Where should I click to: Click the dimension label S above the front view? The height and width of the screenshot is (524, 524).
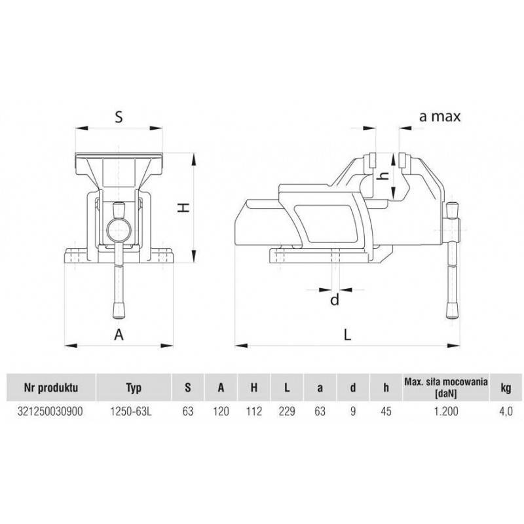(119, 117)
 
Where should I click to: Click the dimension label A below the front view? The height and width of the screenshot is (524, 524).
(119, 334)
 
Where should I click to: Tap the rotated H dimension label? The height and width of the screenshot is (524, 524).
(185, 208)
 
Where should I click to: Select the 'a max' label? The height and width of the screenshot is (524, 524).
(440, 117)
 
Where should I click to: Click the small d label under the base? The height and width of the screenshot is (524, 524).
(335, 300)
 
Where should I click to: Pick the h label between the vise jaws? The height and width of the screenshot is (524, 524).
(386, 175)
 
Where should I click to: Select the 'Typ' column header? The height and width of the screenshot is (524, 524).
(134, 387)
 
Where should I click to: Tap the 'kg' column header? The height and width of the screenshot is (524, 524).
(506, 387)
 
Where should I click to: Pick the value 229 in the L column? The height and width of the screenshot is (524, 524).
(287, 411)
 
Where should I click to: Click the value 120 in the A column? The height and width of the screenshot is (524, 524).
(221, 411)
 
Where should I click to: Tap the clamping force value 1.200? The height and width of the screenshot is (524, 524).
(445, 411)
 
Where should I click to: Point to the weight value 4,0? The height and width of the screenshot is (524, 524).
(506, 411)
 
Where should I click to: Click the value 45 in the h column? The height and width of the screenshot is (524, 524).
(386, 411)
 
